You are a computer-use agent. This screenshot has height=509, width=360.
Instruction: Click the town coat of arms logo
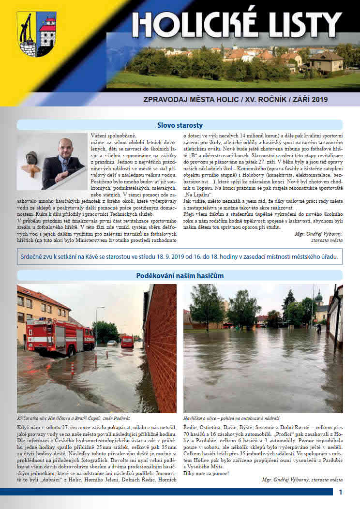point(36,34)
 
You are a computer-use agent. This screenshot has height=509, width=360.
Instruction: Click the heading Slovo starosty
point(180,125)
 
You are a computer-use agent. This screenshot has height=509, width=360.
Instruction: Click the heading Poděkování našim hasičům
point(180,275)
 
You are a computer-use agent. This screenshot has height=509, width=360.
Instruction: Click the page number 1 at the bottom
point(341,492)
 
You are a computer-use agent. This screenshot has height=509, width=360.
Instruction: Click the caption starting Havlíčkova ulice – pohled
point(232,418)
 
